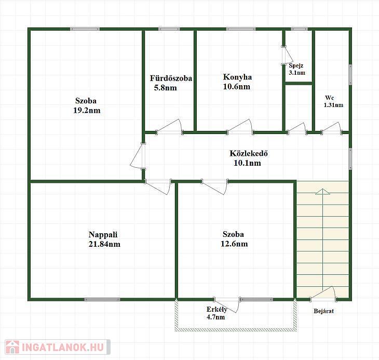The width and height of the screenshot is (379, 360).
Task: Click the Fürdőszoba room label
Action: tap(171, 78)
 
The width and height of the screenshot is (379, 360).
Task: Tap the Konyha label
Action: tap(237, 77)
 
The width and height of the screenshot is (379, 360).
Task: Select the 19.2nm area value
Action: tap(87, 111)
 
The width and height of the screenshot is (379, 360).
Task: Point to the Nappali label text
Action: tap(103, 235)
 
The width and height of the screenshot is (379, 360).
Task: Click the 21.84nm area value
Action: tap(104, 244)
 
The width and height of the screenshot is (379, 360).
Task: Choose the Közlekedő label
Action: tap(249, 154)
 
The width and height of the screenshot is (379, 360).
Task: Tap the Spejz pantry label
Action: tap(296, 65)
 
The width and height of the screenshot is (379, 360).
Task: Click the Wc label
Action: tap(330, 98)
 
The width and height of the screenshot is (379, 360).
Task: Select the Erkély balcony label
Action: tap(216, 310)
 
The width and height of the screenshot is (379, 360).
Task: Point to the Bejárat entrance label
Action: tap(323, 311)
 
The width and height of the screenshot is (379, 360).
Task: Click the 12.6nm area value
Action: tap(234, 244)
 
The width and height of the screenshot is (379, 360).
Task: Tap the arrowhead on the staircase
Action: tap(323, 192)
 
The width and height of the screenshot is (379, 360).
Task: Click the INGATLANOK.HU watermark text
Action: tap(63, 347)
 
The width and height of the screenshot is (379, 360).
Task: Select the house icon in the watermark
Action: tap(12, 347)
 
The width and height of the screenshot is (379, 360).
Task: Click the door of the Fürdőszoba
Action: tap(170, 126)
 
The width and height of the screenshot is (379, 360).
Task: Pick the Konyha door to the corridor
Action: tap(240, 126)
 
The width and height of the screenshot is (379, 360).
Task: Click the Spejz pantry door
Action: tap(288, 56)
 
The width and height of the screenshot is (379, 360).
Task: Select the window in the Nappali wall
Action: tap(102, 299)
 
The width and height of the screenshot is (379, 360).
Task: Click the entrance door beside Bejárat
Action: tap(323, 294)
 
